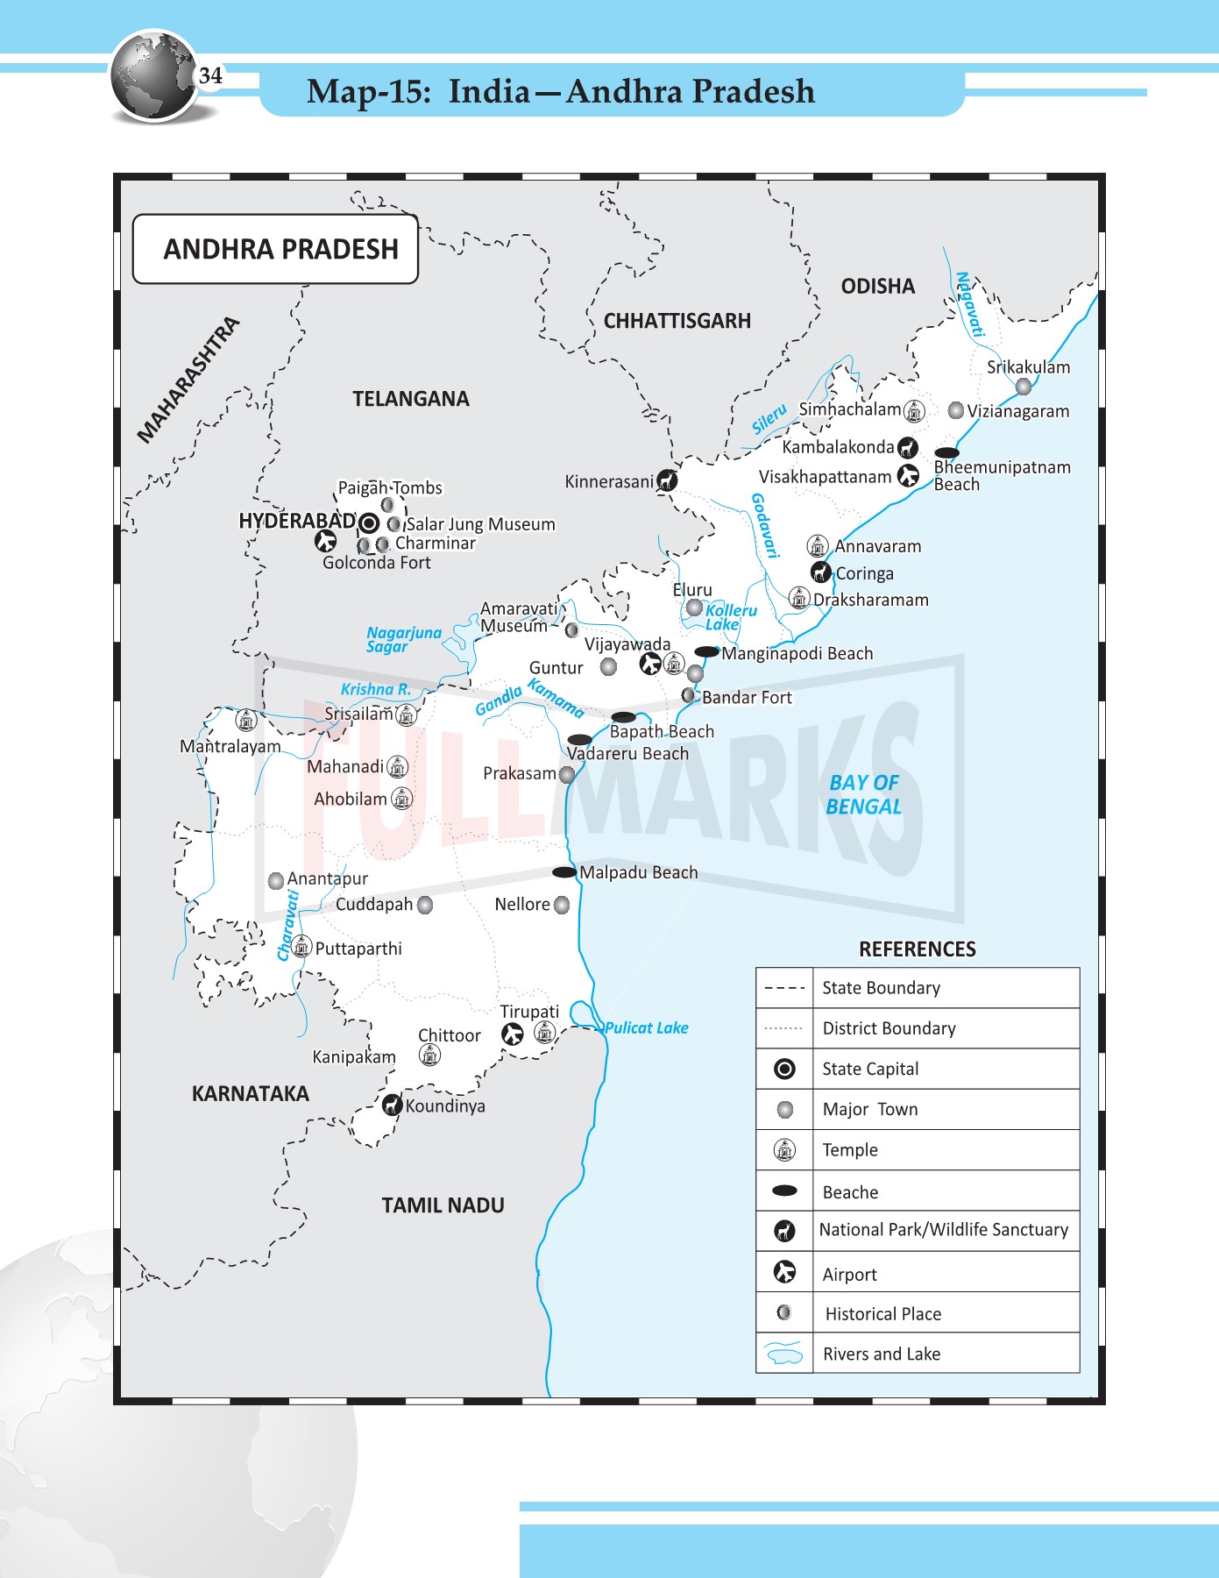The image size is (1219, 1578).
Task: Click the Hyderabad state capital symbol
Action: coord(369,523)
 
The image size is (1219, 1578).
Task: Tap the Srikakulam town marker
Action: coord(1023,387)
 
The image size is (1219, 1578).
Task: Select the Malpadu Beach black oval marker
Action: coord(564,872)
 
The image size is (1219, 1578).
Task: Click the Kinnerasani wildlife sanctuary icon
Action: coord(668,480)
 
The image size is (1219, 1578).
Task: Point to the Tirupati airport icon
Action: coord(513,1034)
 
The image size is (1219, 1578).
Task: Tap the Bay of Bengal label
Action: coord(863,794)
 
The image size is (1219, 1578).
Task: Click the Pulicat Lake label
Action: coord(647,1027)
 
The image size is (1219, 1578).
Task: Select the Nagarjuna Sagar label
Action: coord(403,639)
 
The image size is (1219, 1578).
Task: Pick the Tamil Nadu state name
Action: coord(443,1205)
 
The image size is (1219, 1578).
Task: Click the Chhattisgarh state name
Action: coord(677,321)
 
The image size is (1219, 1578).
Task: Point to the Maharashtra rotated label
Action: coord(188,380)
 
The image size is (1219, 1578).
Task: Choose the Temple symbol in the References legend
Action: coord(785,1150)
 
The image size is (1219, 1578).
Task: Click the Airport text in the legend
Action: coord(849,1275)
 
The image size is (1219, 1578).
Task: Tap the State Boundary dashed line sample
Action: coord(784,988)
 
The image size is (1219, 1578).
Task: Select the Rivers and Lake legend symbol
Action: coord(784,1354)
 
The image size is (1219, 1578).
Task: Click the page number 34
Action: coord(210,75)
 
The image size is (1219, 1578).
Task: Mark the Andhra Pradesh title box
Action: coord(275,249)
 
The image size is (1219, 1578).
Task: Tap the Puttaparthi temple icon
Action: coord(301,947)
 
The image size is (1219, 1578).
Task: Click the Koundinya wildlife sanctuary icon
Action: coord(392,1105)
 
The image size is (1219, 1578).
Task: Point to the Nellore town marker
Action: coord(562,905)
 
